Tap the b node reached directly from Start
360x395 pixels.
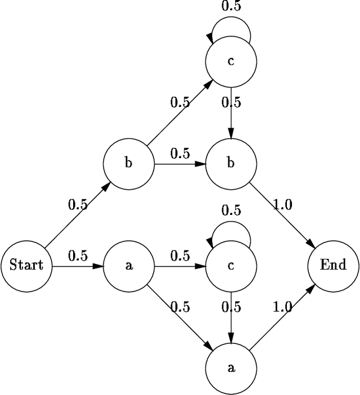[x=128, y=164]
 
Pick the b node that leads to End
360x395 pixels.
[x=231, y=164]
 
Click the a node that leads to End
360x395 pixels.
[x=231, y=369]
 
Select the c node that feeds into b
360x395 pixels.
[x=231, y=61]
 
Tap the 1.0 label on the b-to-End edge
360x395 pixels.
[x=282, y=205]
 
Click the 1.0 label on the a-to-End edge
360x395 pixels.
[x=282, y=307]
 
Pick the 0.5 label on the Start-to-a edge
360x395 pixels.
[x=78, y=255]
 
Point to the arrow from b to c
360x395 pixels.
[x=179, y=113]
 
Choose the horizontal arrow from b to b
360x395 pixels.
[x=179, y=164]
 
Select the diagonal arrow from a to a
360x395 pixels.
[x=179, y=317]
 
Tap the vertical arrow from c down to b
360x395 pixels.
[x=231, y=113]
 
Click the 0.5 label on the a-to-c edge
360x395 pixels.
[x=180, y=255]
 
